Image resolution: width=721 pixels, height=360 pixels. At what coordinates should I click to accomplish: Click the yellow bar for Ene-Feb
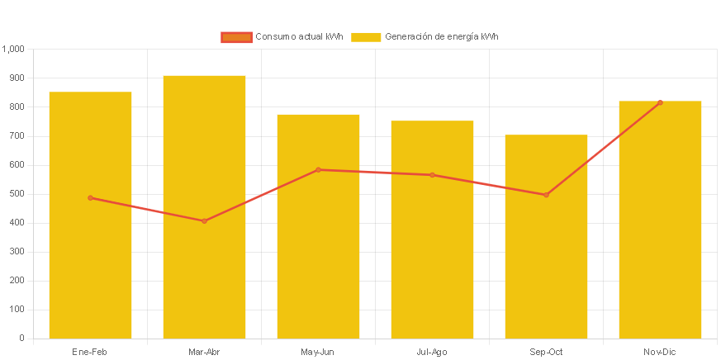point(90,248)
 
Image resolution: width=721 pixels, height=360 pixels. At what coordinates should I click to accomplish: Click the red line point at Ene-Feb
point(90,197)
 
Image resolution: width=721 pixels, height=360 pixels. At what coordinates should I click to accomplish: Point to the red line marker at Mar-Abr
point(204,220)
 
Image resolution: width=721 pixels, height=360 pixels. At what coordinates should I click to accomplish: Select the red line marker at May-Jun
point(318,169)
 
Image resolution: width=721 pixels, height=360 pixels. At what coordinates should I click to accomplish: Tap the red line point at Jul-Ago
point(432,175)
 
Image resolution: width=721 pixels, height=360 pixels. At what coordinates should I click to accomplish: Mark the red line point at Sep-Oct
point(546,195)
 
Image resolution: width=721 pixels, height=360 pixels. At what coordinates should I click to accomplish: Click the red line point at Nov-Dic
point(660,102)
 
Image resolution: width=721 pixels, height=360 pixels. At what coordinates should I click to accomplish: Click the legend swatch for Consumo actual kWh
point(235,37)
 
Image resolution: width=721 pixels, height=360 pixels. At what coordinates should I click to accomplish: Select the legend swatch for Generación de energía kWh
point(366,37)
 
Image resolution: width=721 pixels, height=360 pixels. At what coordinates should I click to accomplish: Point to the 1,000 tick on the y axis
point(14,49)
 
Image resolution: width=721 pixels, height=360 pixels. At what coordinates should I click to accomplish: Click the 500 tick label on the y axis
point(17,193)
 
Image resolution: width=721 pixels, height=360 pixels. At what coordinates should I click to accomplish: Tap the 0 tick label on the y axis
point(21,338)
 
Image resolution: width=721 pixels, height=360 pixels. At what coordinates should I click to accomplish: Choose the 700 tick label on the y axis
point(17,135)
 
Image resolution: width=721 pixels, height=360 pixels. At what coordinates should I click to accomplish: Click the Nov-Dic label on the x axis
point(660,352)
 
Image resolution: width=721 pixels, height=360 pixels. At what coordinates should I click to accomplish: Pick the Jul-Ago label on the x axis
point(432,352)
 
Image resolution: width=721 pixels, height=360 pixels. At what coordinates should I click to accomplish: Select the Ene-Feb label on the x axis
point(90,352)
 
